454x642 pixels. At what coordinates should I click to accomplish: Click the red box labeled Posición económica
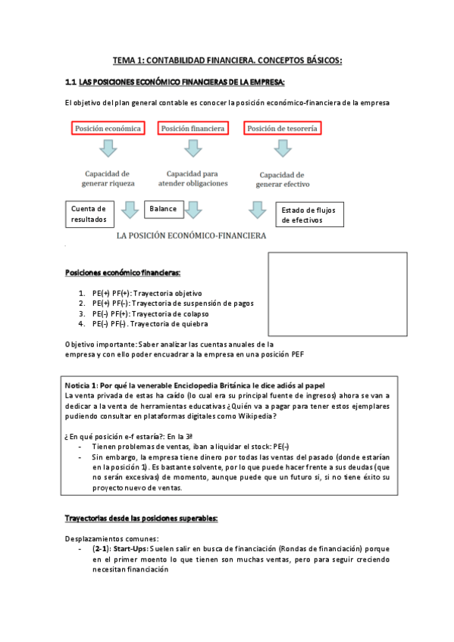(x=108, y=129)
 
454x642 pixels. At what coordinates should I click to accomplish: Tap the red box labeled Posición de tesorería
(x=283, y=129)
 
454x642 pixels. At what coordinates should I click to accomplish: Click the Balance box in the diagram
(x=164, y=208)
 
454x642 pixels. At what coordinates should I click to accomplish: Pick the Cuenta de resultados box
(x=89, y=213)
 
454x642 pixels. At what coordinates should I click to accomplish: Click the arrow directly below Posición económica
(x=109, y=151)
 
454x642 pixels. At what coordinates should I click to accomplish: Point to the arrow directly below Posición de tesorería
(x=283, y=151)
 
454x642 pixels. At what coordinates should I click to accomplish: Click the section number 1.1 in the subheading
(x=72, y=81)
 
